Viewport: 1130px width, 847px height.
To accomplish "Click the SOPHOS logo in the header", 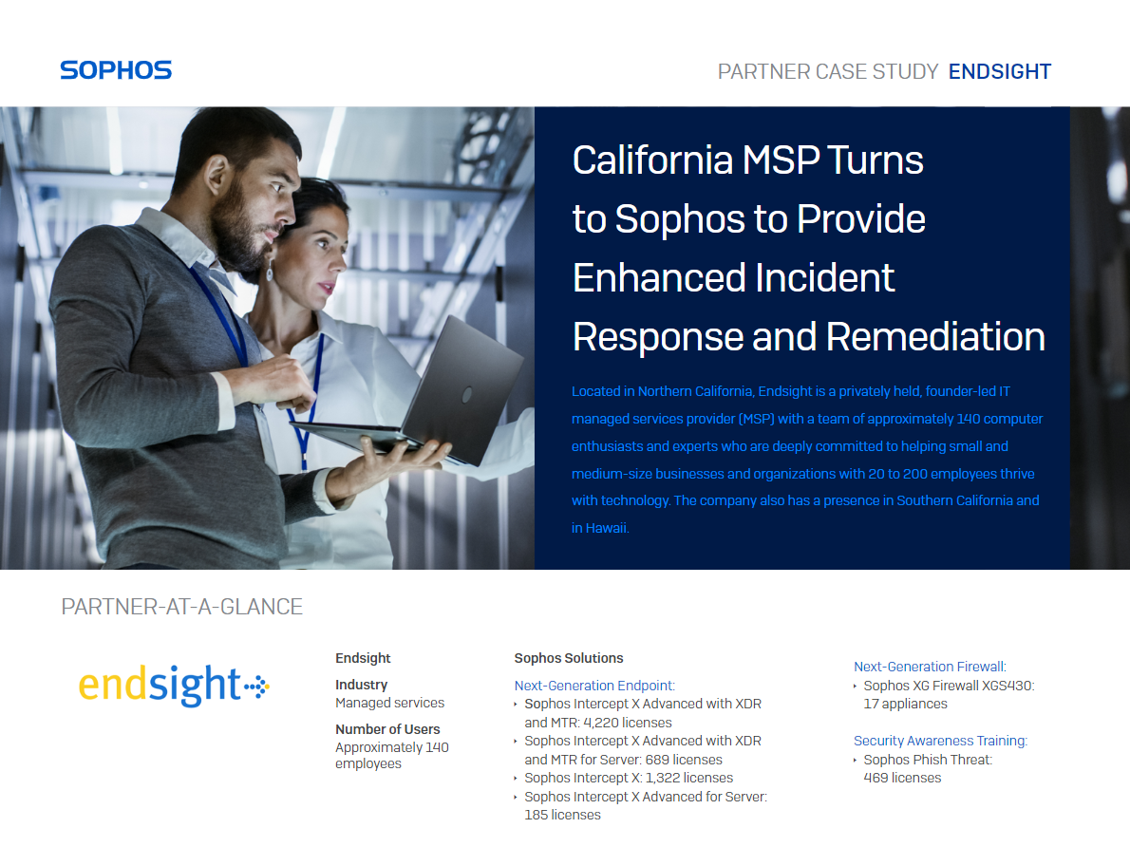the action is point(116,70).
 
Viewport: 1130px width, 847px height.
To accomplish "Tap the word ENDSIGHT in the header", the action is point(1000,71).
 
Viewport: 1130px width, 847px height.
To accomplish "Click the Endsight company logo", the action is point(174,685).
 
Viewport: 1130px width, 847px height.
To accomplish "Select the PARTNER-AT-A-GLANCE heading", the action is point(181,607).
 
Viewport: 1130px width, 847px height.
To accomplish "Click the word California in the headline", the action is point(652,160).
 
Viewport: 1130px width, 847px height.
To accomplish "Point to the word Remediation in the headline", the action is point(935,337).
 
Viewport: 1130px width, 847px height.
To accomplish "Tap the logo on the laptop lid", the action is point(467,395).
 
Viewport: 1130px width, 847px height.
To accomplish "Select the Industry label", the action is point(361,685).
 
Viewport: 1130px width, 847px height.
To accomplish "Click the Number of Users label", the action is point(387,729).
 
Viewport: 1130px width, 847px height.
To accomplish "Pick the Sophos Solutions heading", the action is point(569,658).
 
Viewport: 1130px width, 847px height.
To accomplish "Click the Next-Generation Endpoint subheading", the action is point(594,686).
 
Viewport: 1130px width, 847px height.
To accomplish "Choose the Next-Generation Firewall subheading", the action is point(930,667).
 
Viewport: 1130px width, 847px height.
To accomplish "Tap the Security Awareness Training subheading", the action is point(940,741).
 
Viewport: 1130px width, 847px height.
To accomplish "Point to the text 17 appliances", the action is point(905,705).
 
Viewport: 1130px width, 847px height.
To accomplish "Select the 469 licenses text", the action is point(902,779).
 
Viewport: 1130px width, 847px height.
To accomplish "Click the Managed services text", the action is point(390,703).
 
